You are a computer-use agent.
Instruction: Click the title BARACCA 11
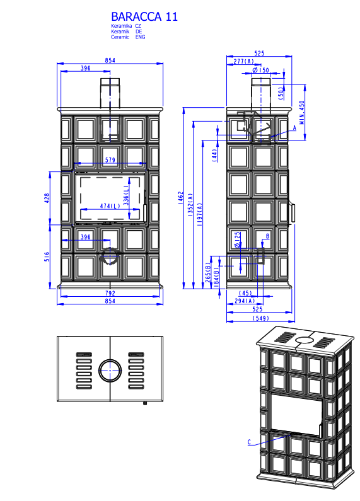click(x=144, y=16)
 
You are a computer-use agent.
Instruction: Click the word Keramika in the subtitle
click(x=122, y=26)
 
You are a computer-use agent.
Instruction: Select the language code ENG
click(x=140, y=37)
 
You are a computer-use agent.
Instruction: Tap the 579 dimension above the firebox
click(x=110, y=159)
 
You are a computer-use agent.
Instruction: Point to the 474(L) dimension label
click(x=110, y=206)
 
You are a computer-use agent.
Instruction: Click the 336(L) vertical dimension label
click(x=126, y=195)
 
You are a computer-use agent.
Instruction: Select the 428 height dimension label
click(x=47, y=198)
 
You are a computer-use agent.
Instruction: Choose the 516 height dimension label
click(x=47, y=256)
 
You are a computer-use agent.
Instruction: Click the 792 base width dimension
click(x=110, y=293)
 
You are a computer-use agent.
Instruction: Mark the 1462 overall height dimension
click(x=181, y=198)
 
